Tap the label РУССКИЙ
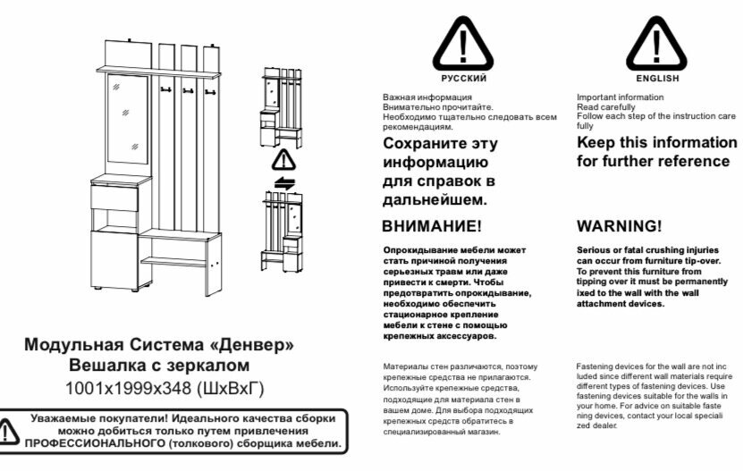click(464, 80)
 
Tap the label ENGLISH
click(657, 80)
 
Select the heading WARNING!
click(619, 226)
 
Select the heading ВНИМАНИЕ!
click(431, 226)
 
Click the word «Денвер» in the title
click(250, 345)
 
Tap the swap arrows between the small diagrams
click(283, 182)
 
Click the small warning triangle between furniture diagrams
click(283, 160)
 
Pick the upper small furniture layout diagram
click(282, 106)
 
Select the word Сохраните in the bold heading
click(426, 143)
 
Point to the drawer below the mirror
click(115, 195)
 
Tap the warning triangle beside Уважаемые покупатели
click(9, 431)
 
